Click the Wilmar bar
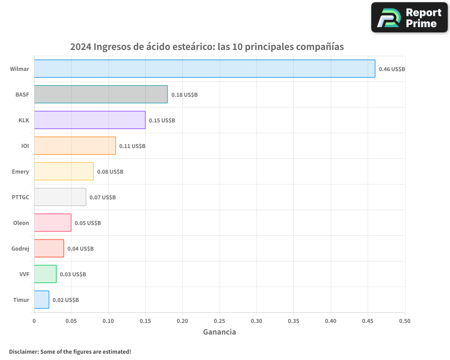click(205, 69)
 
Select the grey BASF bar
click(101, 94)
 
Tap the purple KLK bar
click(90, 120)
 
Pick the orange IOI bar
click(75, 146)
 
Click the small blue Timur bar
click(41, 300)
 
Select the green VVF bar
click(45, 274)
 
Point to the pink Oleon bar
click(53, 223)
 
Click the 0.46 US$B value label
click(391, 69)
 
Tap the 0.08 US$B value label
click(110, 172)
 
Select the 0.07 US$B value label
click(103, 198)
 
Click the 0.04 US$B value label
click(81, 249)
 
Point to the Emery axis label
click(20, 171)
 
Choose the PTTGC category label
click(20, 197)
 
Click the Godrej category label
click(20, 248)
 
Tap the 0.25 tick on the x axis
click(219, 321)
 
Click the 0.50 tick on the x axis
click(405, 321)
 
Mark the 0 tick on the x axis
click(34, 321)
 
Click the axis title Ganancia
click(219, 332)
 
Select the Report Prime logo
click(409, 18)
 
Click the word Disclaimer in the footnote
click(23, 351)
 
